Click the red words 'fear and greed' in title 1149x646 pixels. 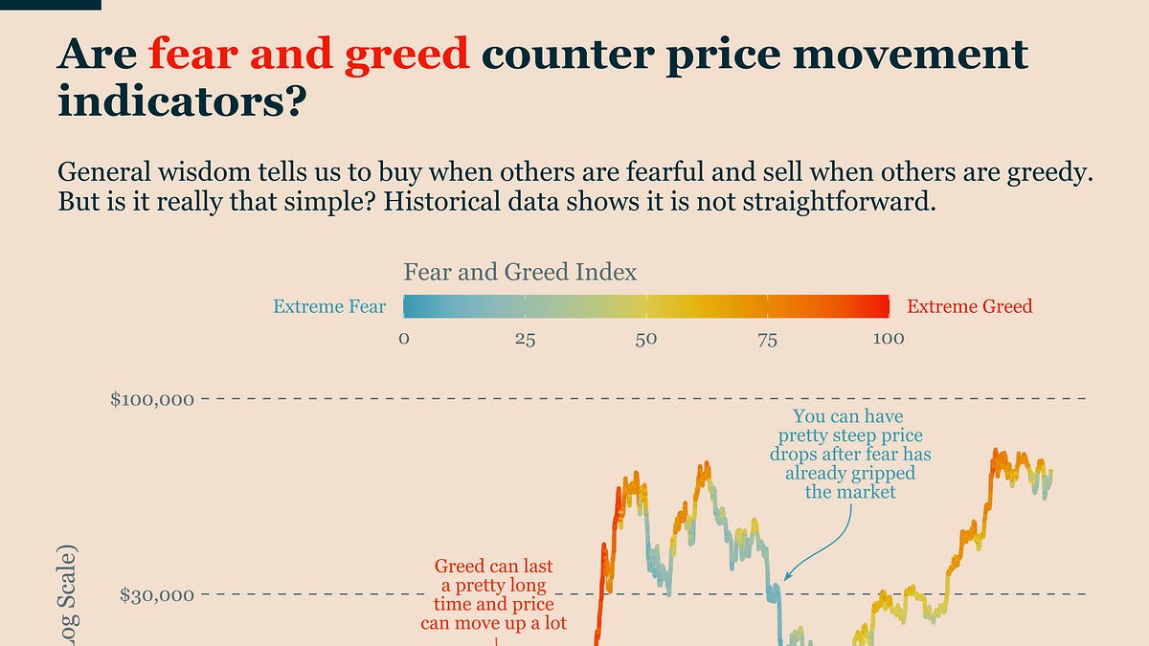pos(308,55)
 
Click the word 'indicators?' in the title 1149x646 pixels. pos(180,100)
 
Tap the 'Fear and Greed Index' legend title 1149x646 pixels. pos(520,272)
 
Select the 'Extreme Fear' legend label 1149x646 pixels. pos(329,306)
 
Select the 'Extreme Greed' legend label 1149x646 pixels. pos(969,306)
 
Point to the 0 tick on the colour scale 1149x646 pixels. pos(404,339)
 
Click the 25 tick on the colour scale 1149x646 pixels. pos(525,339)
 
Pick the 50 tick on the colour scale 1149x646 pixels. pos(646,339)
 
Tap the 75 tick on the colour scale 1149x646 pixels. pos(767,339)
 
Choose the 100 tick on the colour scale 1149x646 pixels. pos(889,339)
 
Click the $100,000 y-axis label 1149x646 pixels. pos(152,398)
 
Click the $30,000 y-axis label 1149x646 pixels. pos(157,594)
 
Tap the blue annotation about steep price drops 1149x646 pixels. pos(850,455)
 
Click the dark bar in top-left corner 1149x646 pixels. pos(50,5)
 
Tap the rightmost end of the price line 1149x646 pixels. pos(1051,471)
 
